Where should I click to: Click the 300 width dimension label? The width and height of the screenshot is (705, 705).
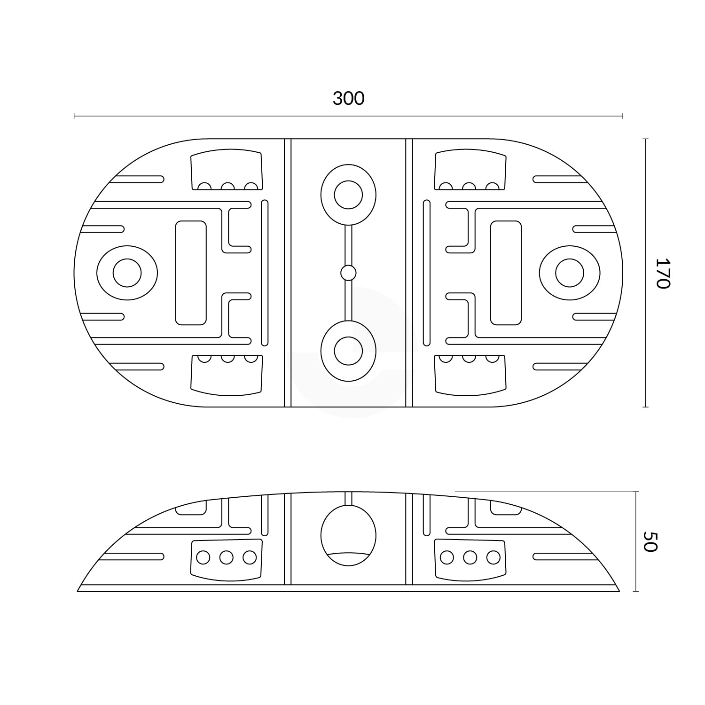348,99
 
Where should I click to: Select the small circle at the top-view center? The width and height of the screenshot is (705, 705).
348,273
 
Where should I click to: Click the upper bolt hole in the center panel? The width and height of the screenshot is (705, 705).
348,195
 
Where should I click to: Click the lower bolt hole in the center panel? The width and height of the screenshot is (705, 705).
348,351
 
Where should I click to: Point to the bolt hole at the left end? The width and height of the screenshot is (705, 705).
127,273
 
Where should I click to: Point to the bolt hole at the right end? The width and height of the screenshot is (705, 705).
570,273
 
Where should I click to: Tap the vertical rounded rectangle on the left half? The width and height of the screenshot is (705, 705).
191,273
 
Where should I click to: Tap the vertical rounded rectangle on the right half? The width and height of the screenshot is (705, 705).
506,273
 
